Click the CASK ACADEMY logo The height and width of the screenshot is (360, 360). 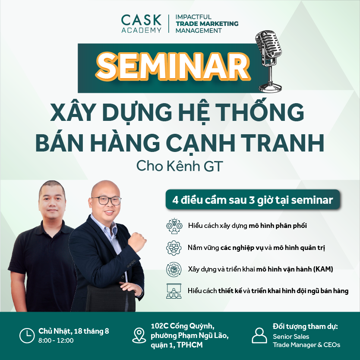pos(141,24)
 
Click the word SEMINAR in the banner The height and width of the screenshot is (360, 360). pos(173,66)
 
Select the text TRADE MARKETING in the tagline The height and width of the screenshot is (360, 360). pos(207,24)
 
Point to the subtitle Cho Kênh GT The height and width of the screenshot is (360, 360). pos(180,166)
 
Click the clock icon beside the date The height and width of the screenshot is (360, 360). pos(27,336)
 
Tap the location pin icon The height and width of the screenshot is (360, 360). pos(139,335)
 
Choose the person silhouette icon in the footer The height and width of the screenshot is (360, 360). pos(259,335)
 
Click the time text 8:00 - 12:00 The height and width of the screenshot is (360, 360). pos(56,341)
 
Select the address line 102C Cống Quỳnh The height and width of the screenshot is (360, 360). pos(183,326)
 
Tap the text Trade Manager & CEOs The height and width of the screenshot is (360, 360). pos(306,345)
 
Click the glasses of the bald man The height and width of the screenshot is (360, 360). pos(106,200)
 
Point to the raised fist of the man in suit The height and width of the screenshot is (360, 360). pos(137,242)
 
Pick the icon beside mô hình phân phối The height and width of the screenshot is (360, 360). pos(174,226)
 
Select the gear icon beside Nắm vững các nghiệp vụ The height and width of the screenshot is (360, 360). pos(174,248)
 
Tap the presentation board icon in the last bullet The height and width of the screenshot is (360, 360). pos(174,291)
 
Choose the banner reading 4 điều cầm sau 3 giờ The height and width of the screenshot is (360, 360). pos(253,199)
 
